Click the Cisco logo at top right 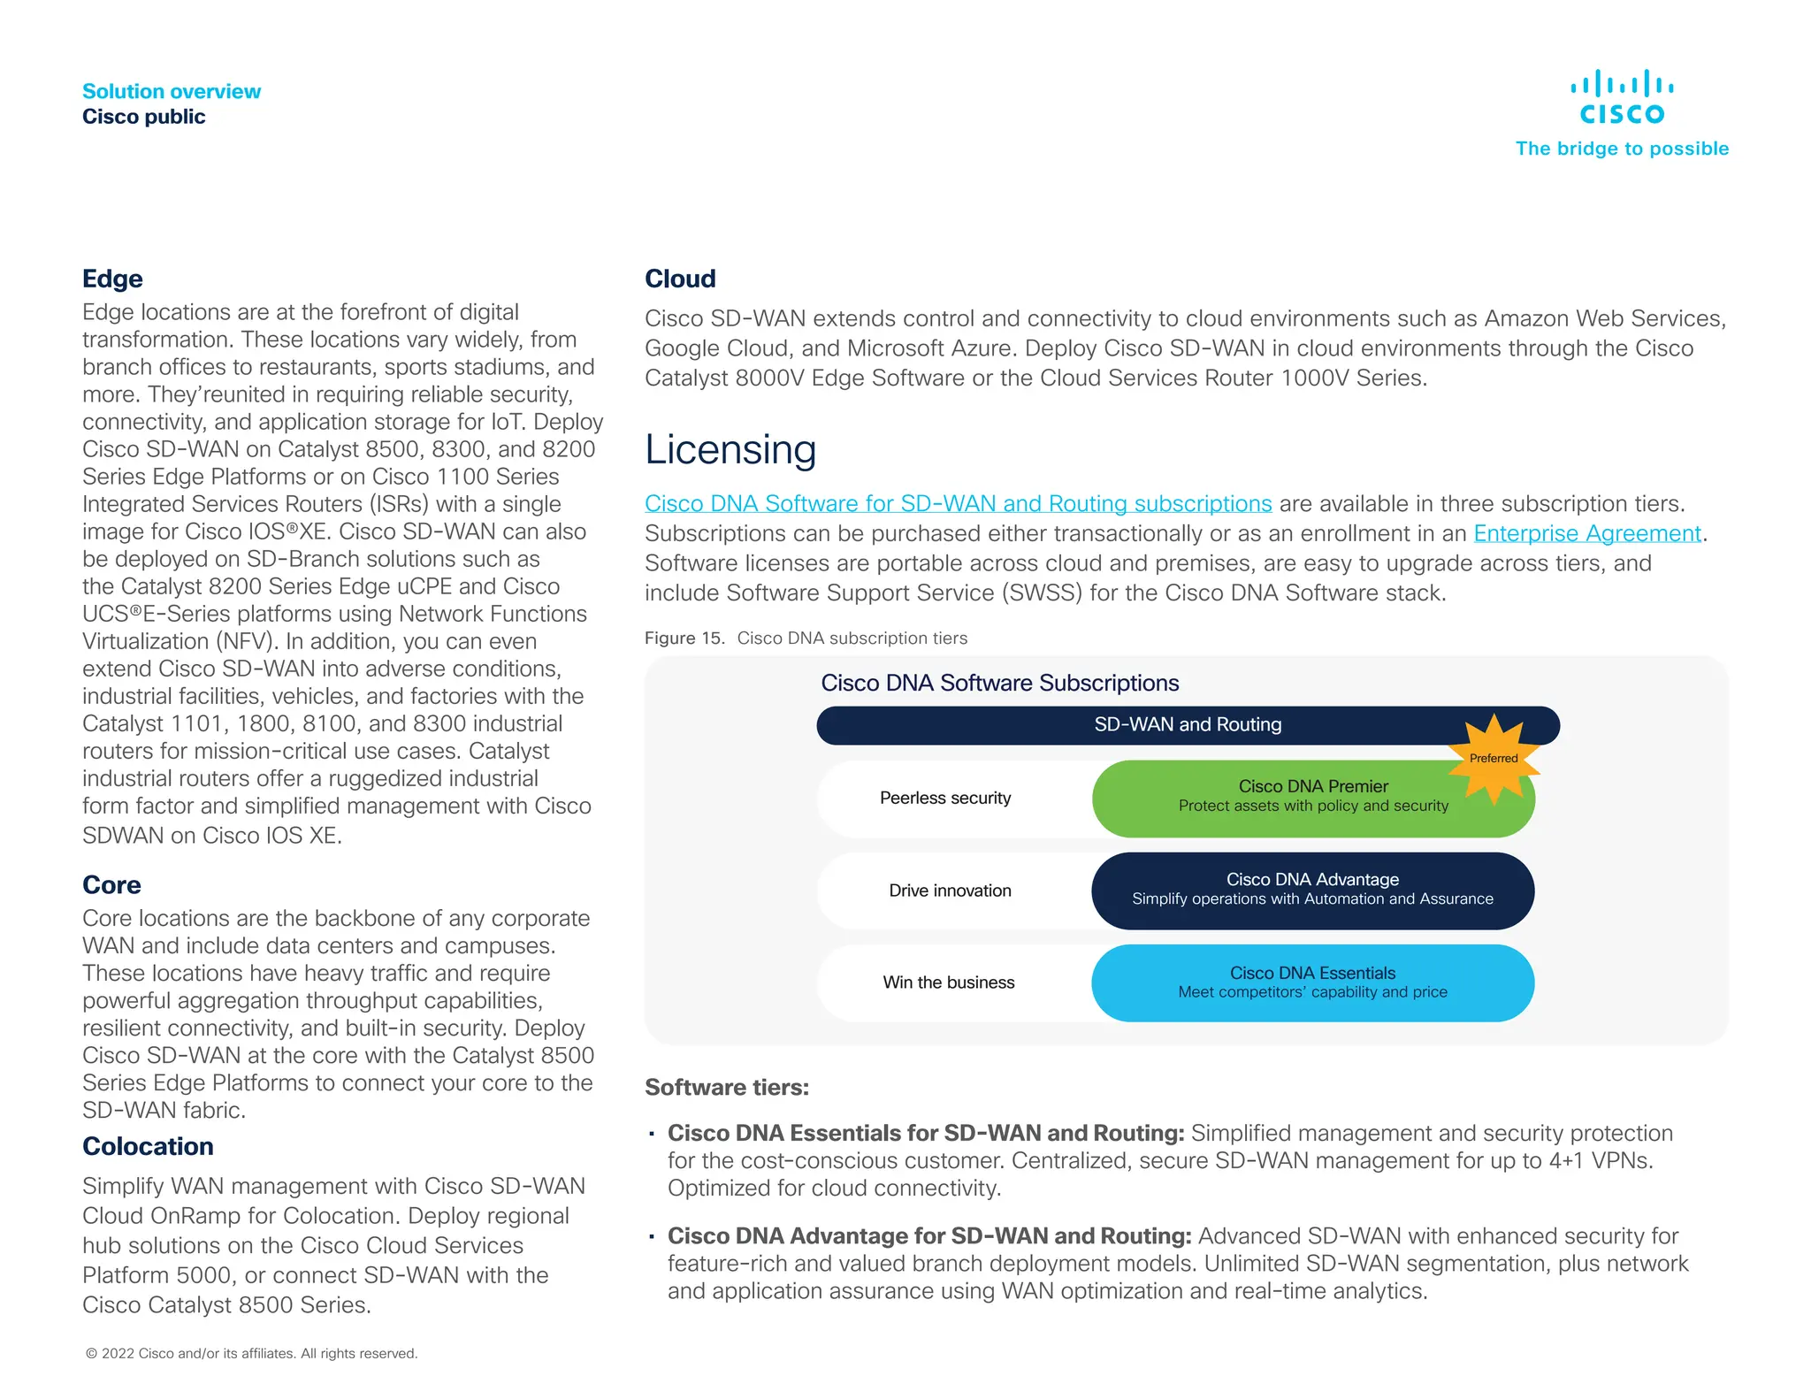coord(1621,97)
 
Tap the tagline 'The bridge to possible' coord(1621,149)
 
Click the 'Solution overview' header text coord(172,91)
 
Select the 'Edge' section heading coord(112,279)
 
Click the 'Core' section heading coord(111,884)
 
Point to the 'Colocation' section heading coord(148,1146)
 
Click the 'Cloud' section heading coord(680,279)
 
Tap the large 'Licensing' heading coord(730,449)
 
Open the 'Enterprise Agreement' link coord(1586,533)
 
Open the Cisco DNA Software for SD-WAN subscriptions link coord(958,503)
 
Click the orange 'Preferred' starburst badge coord(1494,759)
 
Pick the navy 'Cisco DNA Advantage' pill coord(1312,891)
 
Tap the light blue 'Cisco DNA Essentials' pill coord(1312,982)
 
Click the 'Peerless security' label coord(945,798)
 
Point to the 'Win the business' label coord(948,982)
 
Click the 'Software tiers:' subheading coord(727,1087)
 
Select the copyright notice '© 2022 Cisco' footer coord(251,1353)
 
